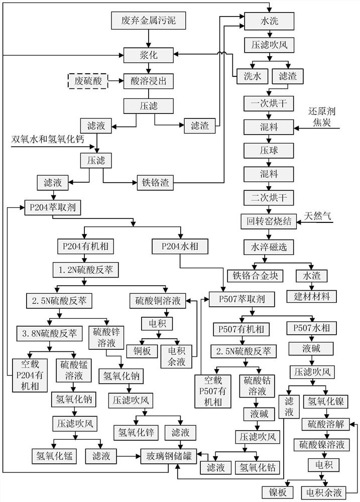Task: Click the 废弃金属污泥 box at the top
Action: point(147,21)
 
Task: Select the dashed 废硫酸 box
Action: point(88,80)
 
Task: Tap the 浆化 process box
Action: point(147,55)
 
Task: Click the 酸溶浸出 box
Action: point(147,80)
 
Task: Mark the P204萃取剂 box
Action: point(52,206)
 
